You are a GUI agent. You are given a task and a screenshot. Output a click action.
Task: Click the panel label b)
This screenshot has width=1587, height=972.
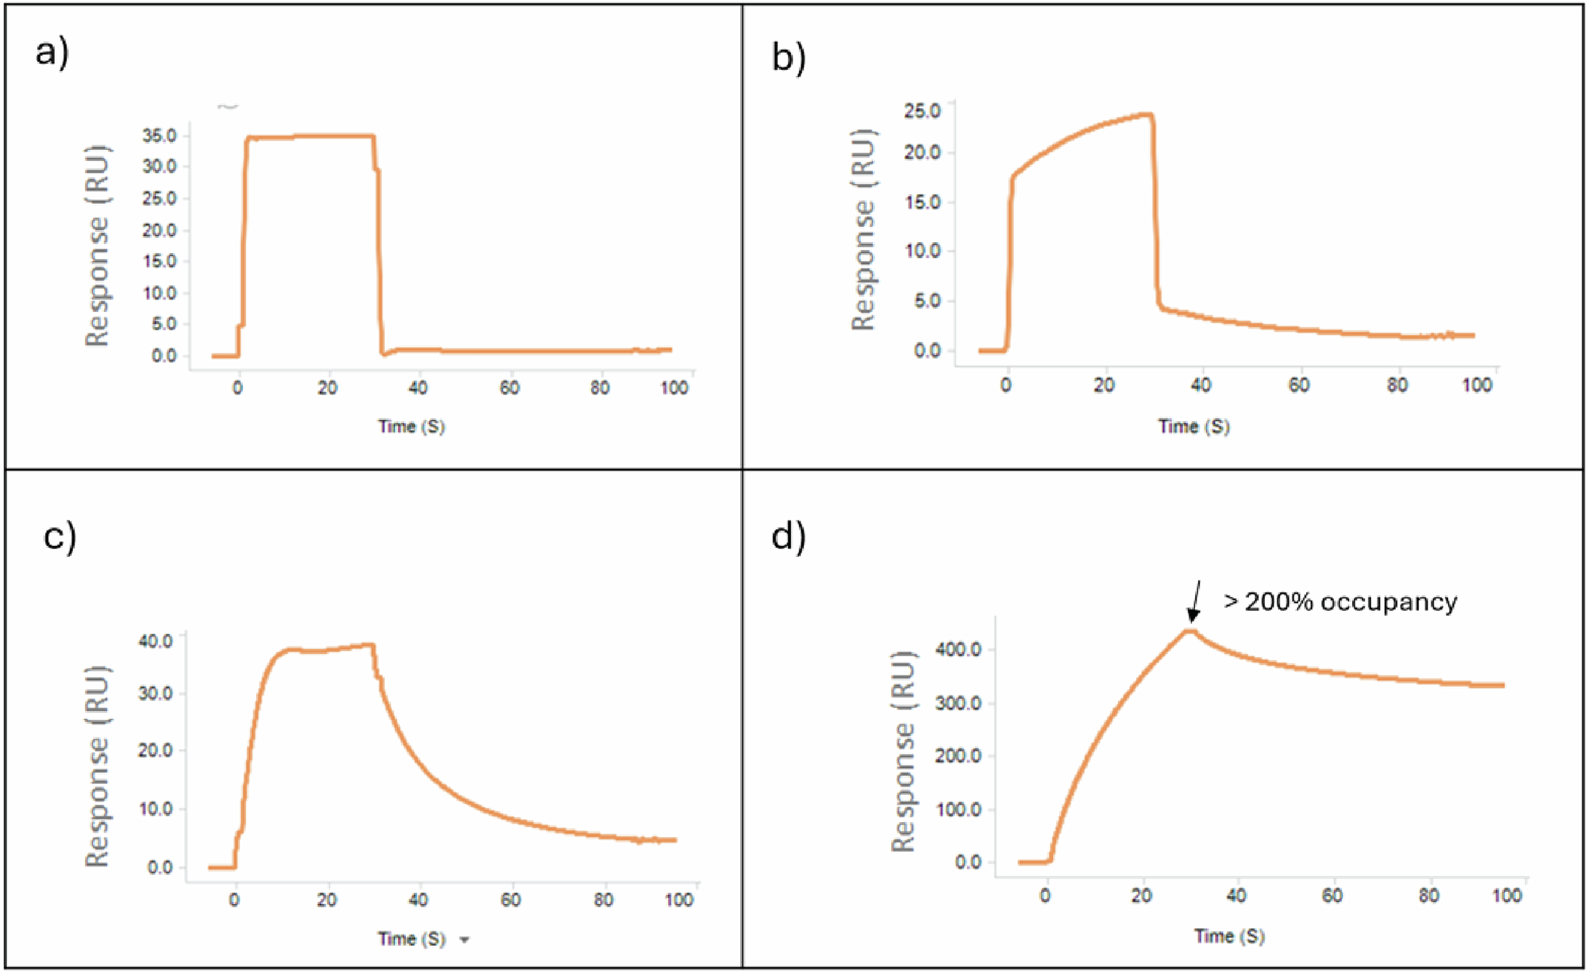coord(788,57)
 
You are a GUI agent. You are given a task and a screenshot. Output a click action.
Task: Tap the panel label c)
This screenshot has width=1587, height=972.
coord(60,536)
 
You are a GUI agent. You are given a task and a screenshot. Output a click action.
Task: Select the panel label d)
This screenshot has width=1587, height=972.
coord(788,536)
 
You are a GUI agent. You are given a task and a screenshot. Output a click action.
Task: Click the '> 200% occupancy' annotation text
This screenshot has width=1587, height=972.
coord(1340,602)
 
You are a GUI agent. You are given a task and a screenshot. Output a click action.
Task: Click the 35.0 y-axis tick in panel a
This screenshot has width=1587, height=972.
coord(159,136)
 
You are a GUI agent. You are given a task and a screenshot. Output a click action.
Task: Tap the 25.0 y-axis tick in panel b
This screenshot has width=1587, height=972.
coord(922,110)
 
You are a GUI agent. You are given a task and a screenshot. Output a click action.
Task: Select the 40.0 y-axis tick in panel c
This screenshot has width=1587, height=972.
coord(156,641)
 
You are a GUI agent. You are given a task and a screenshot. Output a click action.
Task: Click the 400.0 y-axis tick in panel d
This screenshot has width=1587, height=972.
coord(959,650)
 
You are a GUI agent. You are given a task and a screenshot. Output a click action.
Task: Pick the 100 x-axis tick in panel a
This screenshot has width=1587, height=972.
coord(674,388)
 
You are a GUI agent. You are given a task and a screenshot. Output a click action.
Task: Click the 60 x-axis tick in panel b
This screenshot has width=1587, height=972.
coord(1299,386)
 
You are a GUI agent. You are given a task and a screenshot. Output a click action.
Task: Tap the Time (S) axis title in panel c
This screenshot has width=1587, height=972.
coord(411,939)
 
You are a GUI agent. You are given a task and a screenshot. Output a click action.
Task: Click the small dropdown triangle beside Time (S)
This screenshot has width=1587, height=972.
coord(465,940)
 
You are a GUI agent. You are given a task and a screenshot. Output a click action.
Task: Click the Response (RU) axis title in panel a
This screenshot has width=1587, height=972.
coord(97,246)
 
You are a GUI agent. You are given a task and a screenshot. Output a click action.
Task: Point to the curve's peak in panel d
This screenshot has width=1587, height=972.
coord(1189,632)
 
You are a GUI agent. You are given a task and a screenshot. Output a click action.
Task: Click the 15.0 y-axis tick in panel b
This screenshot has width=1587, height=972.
coord(922,202)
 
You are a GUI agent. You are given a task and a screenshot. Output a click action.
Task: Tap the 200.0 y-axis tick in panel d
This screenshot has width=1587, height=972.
coord(959,756)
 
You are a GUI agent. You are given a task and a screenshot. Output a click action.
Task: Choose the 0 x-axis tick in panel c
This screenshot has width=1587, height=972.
coord(234,901)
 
